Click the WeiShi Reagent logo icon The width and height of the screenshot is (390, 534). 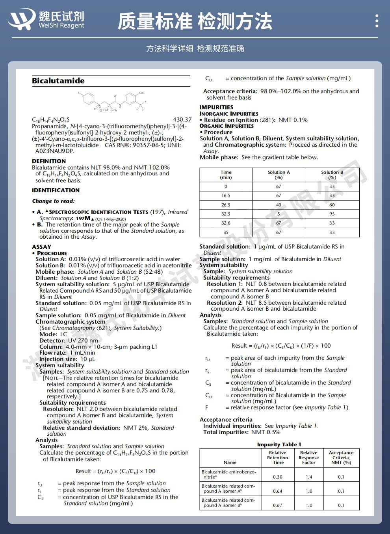(x=22, y=20)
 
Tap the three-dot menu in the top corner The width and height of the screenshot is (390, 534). (x=377, y=20)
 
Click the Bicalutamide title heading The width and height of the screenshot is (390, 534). (x=58, y=81)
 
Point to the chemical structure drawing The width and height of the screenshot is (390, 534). (x=112, y=101)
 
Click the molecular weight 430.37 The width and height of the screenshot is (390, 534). (x=182, y=120)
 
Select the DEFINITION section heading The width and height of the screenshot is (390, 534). (x=49, y=161)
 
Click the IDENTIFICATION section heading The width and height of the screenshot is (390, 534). (x=56, y=190)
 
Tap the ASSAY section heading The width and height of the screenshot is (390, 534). (x=41, y=247)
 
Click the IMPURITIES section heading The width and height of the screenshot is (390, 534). (x=216, y=107)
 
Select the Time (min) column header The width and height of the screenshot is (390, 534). (x=226, y=175)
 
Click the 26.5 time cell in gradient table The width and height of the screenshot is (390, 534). (x=226, y=205)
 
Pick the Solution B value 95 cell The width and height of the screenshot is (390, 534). (x=332, y=214)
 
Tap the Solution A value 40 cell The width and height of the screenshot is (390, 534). (x=279, y=205)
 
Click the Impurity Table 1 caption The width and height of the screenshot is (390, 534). (x=279, y=444)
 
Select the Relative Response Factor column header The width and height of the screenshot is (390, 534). (x=308, y=458)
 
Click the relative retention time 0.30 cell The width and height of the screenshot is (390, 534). (x=278, y=477)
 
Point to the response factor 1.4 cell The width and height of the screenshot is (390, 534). (x=309, y=477)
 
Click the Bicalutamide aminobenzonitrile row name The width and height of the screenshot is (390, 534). (x=228, y=474)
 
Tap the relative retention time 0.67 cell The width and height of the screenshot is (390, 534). (x=278, y=505)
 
